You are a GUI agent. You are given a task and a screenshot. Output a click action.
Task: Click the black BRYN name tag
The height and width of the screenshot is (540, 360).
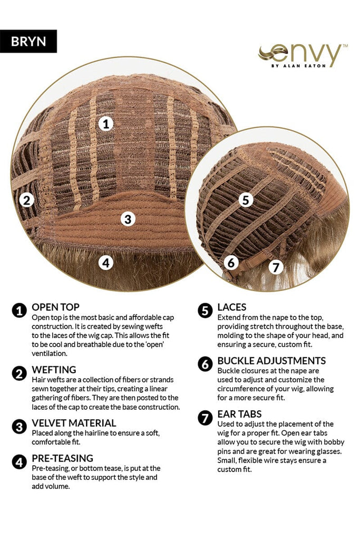pyautogui.click(x=28, y=41)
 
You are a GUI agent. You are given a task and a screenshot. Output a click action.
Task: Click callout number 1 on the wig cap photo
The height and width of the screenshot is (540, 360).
pyautogui.click(x=106, y=123)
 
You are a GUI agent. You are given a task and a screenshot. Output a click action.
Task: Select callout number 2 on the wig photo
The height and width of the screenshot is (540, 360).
pyautogui.click(x=27, y=200)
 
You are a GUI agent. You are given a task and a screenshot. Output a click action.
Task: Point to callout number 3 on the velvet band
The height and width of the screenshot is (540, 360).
pyautogui.click(x=128, y=219)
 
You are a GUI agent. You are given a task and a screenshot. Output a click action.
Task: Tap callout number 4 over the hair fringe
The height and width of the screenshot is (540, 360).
pyautogui.click(x=106, y=263)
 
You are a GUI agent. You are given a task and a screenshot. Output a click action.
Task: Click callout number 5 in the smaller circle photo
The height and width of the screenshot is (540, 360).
pyautogui.click(x=246, y=200)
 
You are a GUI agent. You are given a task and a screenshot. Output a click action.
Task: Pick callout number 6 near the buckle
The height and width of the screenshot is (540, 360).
pyautogui.click(x=231, y=263)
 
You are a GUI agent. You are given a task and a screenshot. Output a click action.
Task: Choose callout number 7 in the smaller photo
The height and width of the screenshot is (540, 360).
pyautogui.click(x=276, y=267)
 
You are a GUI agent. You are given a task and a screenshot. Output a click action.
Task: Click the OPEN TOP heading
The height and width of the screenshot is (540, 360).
pyautogui.click(x=55, y=307)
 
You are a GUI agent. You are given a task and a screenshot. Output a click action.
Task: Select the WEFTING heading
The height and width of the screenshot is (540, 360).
pyautogui.click(x=54, y=370)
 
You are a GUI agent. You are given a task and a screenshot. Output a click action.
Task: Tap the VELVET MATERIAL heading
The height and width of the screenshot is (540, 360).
pyautogui.click(x=74, y=423)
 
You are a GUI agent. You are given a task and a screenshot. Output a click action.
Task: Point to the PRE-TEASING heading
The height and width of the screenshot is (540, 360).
pyautogui.click(x=63, y=458)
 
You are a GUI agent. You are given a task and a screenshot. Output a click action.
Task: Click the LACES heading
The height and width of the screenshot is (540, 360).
pyautogui.click(x=231, y=307)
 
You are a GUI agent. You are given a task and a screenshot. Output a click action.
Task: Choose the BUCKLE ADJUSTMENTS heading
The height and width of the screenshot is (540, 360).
pyautogui.click(x=271, y=361)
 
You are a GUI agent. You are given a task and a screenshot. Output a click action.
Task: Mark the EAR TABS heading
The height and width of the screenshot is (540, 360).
pyautogui.click(x=239, y=414)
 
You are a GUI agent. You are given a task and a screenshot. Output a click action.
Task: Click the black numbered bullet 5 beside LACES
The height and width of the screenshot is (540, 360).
pyautogui.click(x=205, y=311)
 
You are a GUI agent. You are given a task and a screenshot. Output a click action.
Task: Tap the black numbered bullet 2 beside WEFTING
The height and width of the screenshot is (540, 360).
pyautogui.click(x=20, y=373)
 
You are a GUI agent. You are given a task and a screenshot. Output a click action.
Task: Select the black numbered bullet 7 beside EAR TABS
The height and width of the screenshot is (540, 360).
pyautogui.click(x=205, y=418)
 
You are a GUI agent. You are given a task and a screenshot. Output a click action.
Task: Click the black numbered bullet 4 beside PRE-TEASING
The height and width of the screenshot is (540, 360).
pyautogui.click(x=20, y=462)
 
